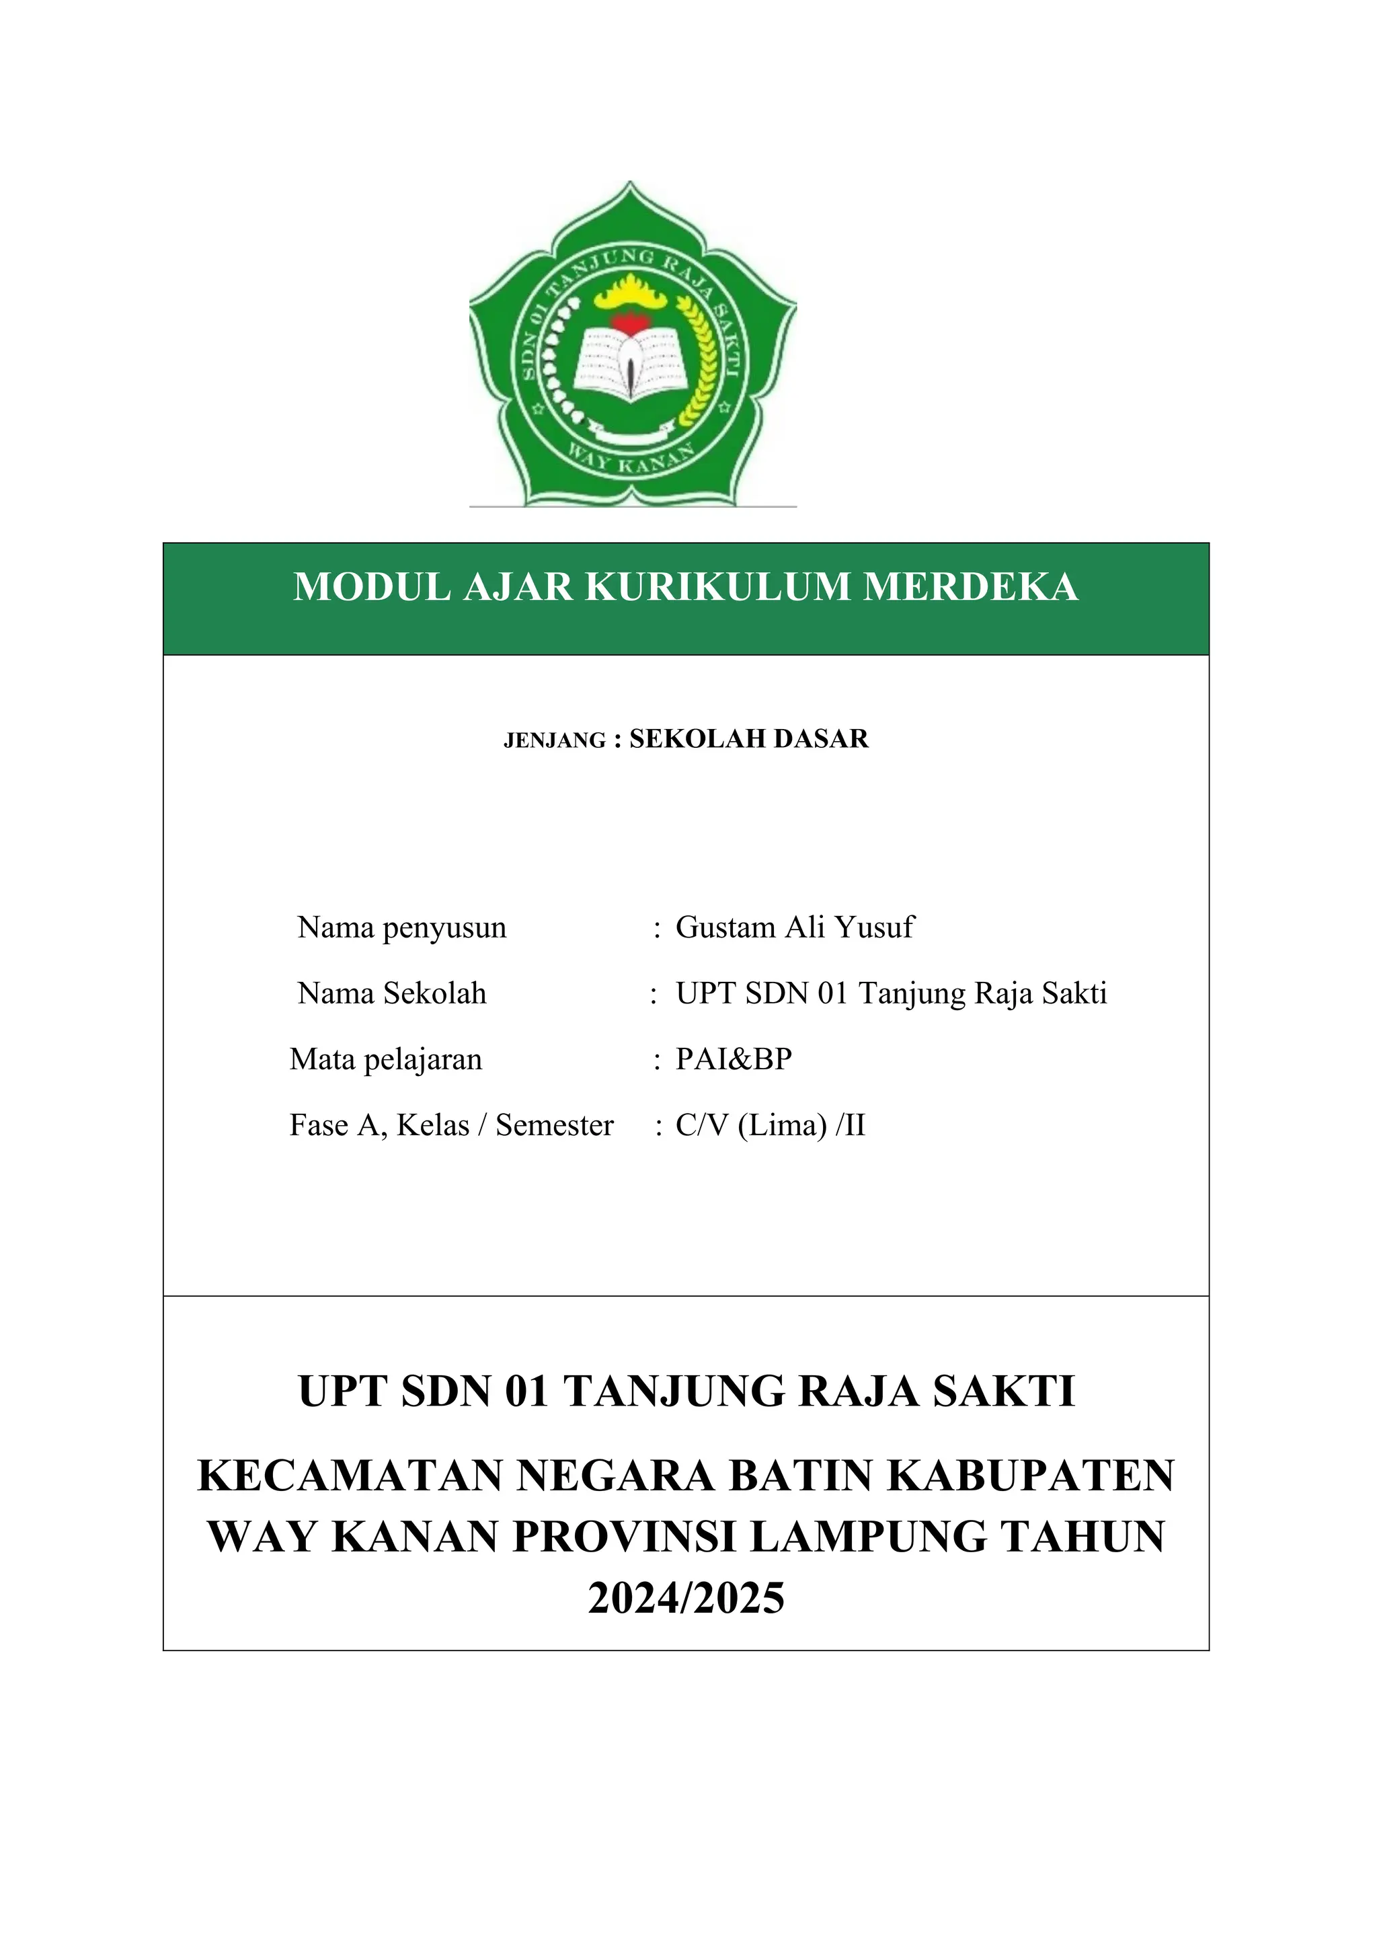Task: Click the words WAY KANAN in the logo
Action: click(631, 463)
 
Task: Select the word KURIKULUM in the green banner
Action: click(718, 586)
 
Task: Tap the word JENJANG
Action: click(555, 741)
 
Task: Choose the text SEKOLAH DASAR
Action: click(749, 738)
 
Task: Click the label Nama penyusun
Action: click(402, 928)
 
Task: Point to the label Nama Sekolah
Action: click(392, 993)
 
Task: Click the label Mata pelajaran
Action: click(386, 1059)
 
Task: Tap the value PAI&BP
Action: click(734, 1059)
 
